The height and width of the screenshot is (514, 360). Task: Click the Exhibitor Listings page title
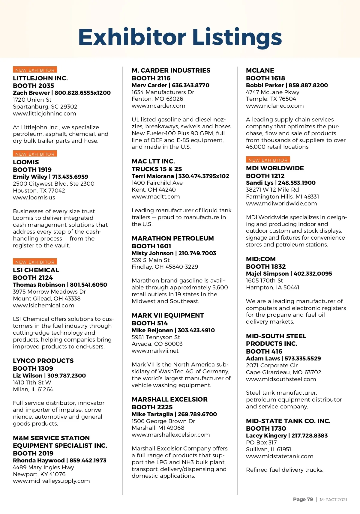coord(180,37)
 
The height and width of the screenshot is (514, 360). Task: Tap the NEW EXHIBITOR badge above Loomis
coord(35,154)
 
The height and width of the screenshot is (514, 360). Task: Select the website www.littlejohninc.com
coord(44,114)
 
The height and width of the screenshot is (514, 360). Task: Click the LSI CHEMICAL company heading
coord(36,270)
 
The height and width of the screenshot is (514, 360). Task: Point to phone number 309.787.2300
coord(67,376)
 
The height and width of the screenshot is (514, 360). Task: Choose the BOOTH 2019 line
coord(33,453)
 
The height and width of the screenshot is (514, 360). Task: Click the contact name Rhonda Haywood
coord(39,461)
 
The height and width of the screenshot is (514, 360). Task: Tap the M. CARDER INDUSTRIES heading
coord(171,70)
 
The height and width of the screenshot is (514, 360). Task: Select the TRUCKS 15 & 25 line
coord(157,169)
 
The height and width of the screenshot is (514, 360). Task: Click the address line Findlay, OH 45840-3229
coord(165,267)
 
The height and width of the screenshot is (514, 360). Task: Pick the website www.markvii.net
coord(155,351)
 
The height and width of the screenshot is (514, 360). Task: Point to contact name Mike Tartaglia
coord(152,414)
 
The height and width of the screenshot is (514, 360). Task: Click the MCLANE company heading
coord(260,70)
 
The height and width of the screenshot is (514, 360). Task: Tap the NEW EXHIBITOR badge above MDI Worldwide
coord(268,160)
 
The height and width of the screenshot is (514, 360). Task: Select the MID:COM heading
coord(261,259)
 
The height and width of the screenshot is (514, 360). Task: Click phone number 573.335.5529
coord(303,359)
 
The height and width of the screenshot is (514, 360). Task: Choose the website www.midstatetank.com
coord(279,456)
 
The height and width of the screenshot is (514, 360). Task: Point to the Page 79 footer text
coord(303,499)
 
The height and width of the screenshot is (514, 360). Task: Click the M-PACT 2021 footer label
coord(333,500)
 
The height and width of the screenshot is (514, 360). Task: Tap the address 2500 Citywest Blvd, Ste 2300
coord(53,184)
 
